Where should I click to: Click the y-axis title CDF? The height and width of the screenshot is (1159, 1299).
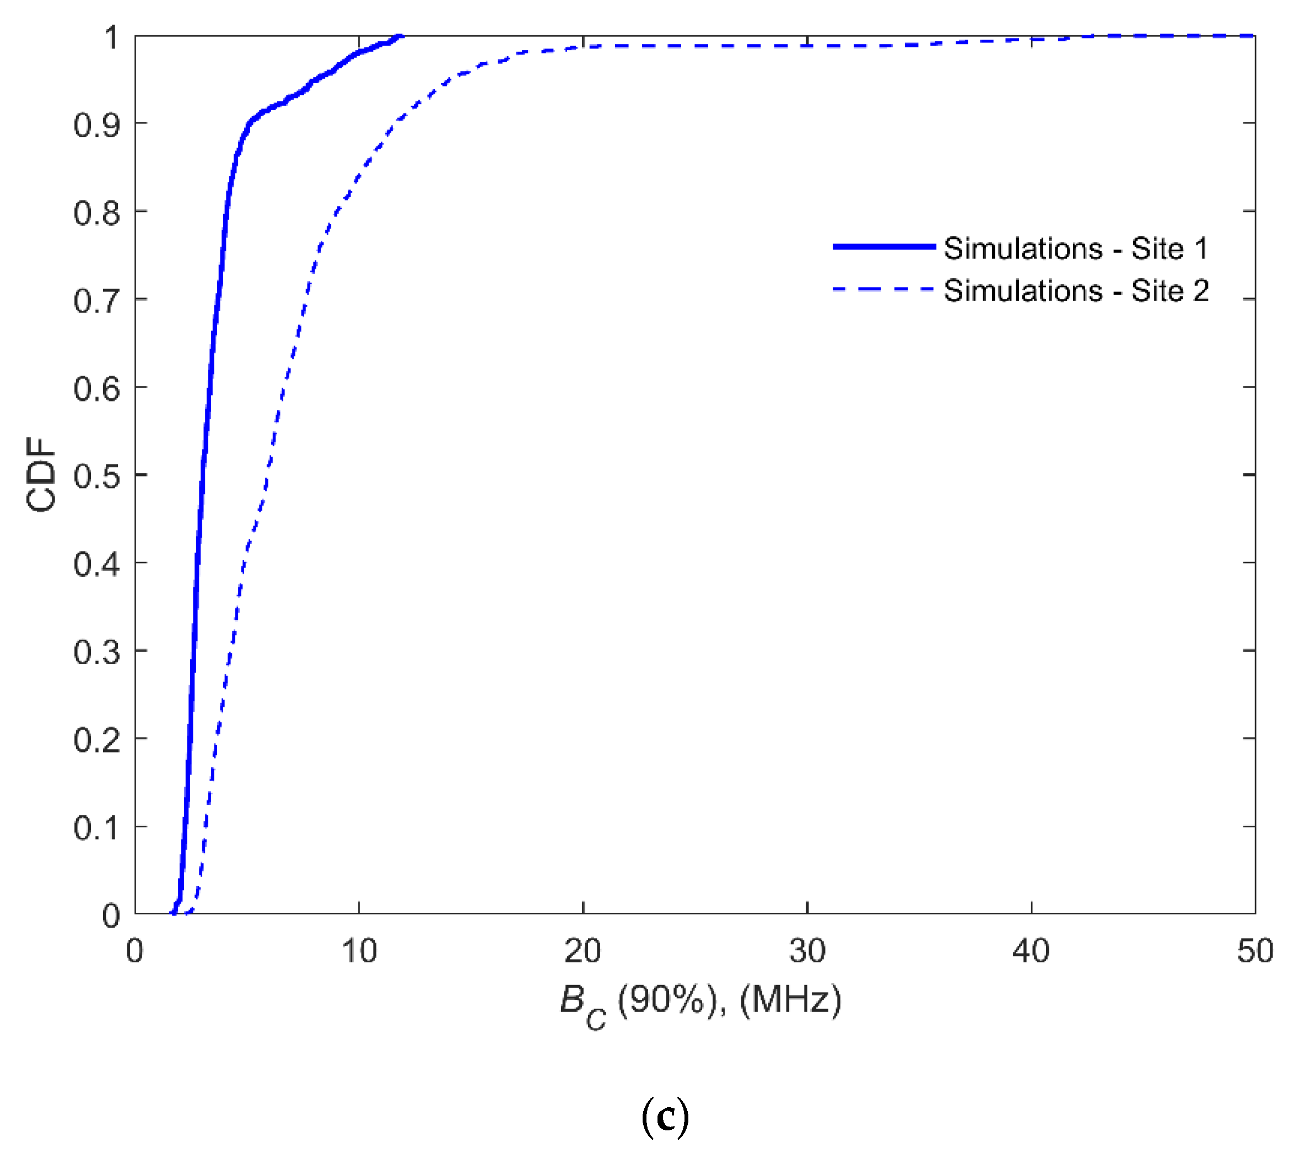[x=41, y=475]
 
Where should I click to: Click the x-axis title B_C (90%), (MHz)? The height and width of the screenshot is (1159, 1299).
[x=700, y=1001]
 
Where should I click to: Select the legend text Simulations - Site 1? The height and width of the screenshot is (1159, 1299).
[x=1076, y=248]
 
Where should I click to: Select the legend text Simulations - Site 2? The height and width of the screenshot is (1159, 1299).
[x=1076, y=291]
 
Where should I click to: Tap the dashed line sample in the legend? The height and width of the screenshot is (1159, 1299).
[x=883, y=290]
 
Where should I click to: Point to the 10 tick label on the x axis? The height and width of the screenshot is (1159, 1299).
[x=359, y=951]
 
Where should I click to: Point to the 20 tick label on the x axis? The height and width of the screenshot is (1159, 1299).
[x=583, y=951]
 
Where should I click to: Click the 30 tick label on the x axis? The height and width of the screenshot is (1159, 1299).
[x=807, y=951]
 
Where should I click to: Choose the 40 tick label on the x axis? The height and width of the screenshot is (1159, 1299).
[x=1031, y=951]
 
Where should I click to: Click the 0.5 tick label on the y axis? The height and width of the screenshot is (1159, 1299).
[x=96, y=476]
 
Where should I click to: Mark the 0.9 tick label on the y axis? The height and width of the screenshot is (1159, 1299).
[x=96, y=125]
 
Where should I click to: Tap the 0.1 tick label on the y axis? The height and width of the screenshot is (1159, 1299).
[x=96, y=828]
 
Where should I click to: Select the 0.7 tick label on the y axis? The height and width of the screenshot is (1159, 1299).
[x=96, y=301]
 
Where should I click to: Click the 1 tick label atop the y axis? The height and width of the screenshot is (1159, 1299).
[x=111, y=38]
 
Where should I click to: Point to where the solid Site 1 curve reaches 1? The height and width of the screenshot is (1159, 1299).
[x=401, y=36]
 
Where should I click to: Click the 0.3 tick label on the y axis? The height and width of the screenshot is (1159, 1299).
[x=96, y=653]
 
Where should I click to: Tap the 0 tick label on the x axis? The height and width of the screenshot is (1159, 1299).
[x=134, y=951]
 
